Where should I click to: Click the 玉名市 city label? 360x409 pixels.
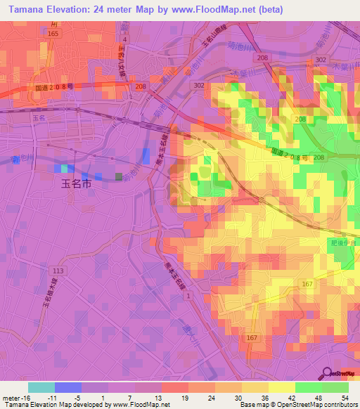point(75,186)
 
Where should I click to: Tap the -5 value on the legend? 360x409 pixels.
point(86,398)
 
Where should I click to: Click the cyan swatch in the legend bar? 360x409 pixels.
point(41,387)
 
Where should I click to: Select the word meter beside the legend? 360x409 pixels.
point(13,398)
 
